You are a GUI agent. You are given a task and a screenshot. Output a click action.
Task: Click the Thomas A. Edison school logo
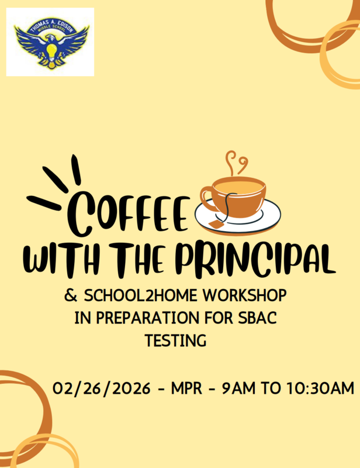[x=50, y=42]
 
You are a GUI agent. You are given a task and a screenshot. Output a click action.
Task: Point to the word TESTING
[x=175, y=340]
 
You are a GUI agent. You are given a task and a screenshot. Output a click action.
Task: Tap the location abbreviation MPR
[x=188, y=388]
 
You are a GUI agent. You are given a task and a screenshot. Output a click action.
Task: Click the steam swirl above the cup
[x=236, y=162]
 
